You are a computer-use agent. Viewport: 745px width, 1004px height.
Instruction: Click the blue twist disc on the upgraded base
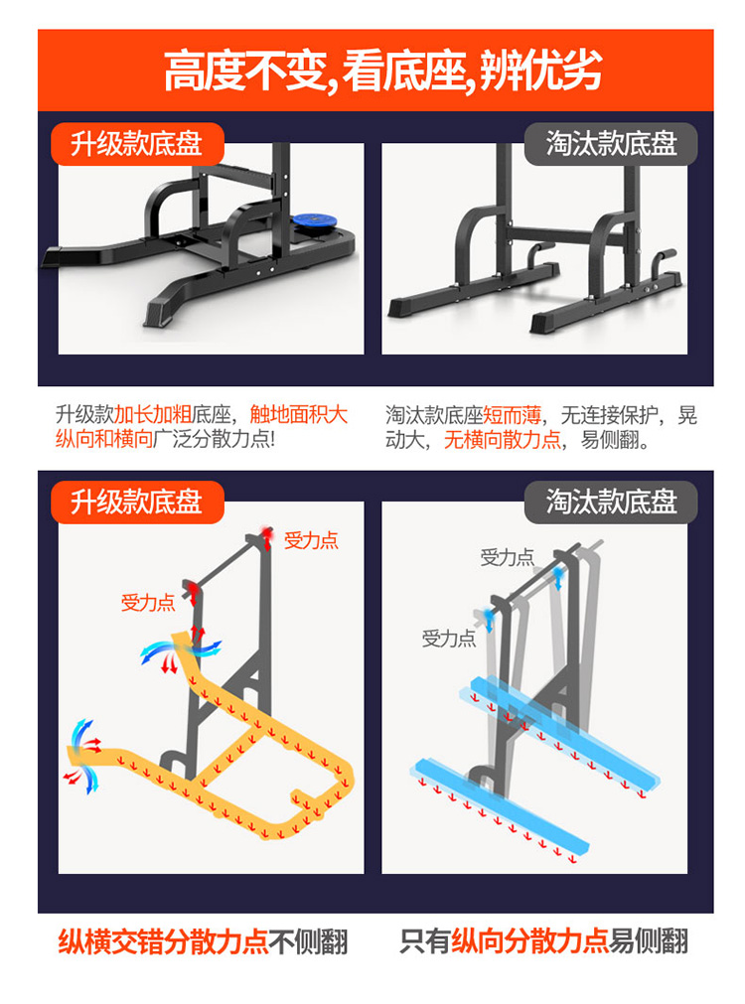[x=315, y=222]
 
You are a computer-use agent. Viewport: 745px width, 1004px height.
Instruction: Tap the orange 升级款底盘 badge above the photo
[x=137, y=143]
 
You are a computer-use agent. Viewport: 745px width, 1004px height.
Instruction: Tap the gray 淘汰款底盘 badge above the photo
[x=611, y=143]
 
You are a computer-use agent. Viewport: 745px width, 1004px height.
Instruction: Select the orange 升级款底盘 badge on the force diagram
[x=137, y=502]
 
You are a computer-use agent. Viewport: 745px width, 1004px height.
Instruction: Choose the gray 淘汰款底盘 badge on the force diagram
[x=611, y=502]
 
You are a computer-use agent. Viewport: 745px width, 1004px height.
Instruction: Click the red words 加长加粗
[x=152, y=414]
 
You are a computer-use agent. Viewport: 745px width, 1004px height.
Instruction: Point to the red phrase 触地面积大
[x=299, y=414]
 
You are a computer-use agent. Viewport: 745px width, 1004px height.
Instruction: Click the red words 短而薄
[x=512, y=415]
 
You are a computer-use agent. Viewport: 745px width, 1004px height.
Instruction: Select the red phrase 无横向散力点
[x=503, y=439]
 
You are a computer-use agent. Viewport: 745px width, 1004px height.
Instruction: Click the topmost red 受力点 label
[x=311, y=540]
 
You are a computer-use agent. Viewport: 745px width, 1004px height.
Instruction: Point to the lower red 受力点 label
[x=148, y=602]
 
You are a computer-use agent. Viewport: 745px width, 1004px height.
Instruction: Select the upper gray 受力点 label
[x=507, y=557]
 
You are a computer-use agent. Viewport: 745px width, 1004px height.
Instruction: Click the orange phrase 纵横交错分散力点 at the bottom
[x=163, y=941]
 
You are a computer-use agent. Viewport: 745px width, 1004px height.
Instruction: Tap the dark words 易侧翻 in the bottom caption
[x=648, y=941]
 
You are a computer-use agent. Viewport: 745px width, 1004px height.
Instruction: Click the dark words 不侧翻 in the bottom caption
[x=308, y=941]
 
